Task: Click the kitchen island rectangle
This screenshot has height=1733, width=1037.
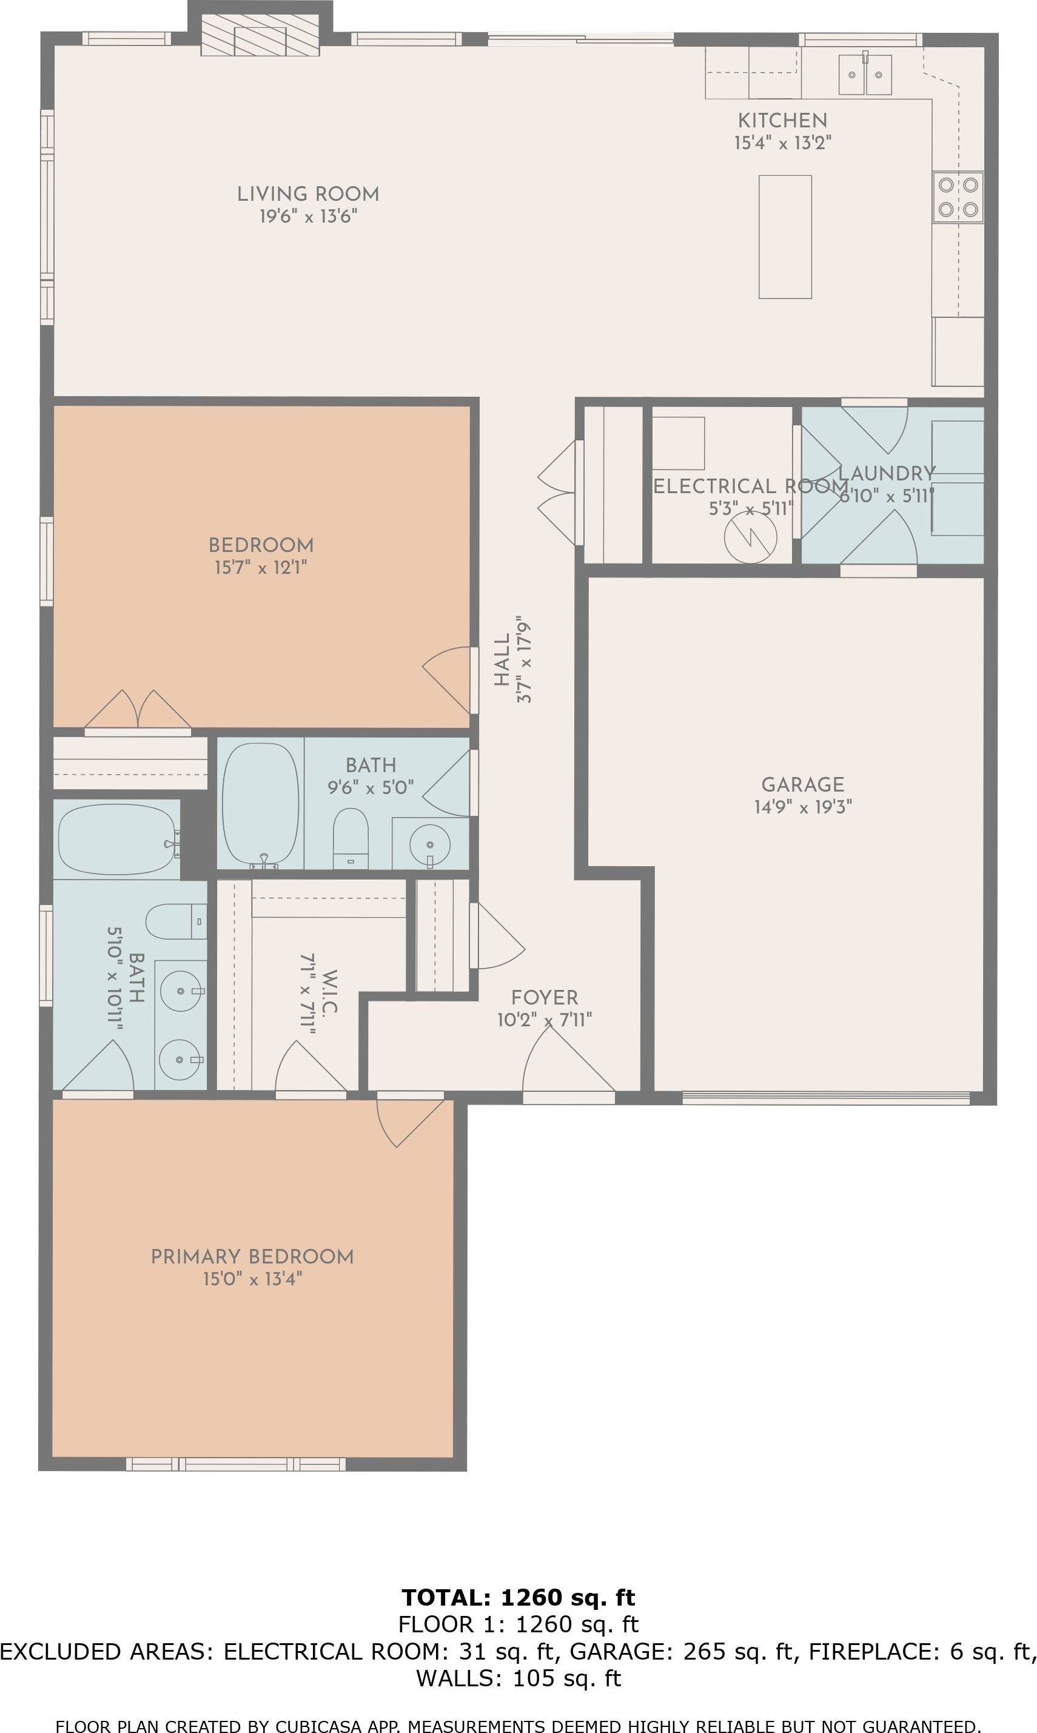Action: (x=785, y=237)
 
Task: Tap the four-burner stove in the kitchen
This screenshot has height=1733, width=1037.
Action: (x=958, y=197)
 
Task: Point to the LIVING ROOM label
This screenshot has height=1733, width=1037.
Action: (x=307, y=194)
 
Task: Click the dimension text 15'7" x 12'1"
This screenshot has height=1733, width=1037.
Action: (x=260, y=567)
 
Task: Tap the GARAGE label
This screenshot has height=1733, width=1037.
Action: (x=802, y=785)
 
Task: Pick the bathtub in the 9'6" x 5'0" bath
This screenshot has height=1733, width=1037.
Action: (x=260, y=804)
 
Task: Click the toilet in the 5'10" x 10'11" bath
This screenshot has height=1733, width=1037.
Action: (x=175, y=922)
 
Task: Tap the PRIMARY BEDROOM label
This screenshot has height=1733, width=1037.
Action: (x=252, y=1256)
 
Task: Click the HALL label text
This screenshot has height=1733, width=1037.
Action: (x=502, y=660)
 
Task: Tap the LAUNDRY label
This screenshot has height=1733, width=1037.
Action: (x=886, y=473)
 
